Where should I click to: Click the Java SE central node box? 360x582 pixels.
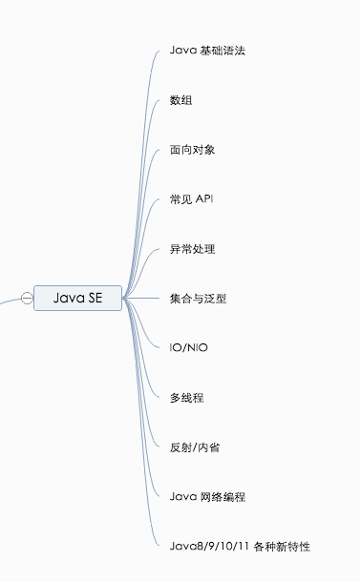(x=78, y=299)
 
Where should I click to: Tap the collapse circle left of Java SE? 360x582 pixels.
(x=27, y=299)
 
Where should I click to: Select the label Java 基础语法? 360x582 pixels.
(x=207, y=50)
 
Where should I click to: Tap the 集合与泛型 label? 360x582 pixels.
(x=200, y=299)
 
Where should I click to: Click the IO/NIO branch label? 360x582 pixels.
(x=188, y=347)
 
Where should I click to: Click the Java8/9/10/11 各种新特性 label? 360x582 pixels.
(x=240, y=546)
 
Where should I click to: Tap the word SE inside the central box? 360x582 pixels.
(x=95, y=299)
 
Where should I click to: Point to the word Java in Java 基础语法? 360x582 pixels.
(x=182, y=50)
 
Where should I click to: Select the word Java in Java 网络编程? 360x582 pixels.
(x=182, y=496)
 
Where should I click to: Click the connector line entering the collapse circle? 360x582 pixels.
(x=9, y=301)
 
